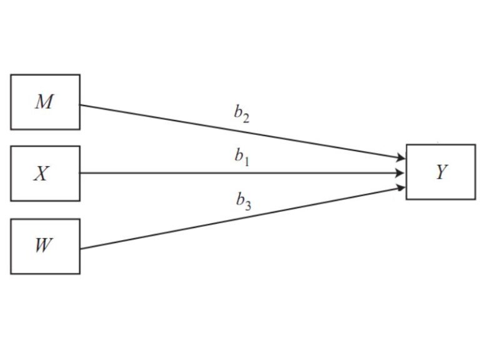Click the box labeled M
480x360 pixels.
pyautogui.click(x=45, y=102)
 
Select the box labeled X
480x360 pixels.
pyautogui.click(x=45, y=173)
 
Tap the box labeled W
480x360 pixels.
pyautogui.click(x=45, y=246)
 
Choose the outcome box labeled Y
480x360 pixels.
pyautogui.click(x=441, y=172)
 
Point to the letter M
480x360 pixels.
pyautogui.click(x=44, y=102)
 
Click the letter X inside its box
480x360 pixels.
pyautogui.click(x=41, y=173)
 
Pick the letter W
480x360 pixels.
pyautogui.click(x=42, y=245)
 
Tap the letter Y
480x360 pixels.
pyautogui.click(x=441, y=172)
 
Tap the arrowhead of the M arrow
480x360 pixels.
pyautogui.click(x=400, y=159)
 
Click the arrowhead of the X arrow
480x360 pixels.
pyautogui.click(x=400, y=173)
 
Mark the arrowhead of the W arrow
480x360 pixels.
pyautogui.click(x=400, y=187)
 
